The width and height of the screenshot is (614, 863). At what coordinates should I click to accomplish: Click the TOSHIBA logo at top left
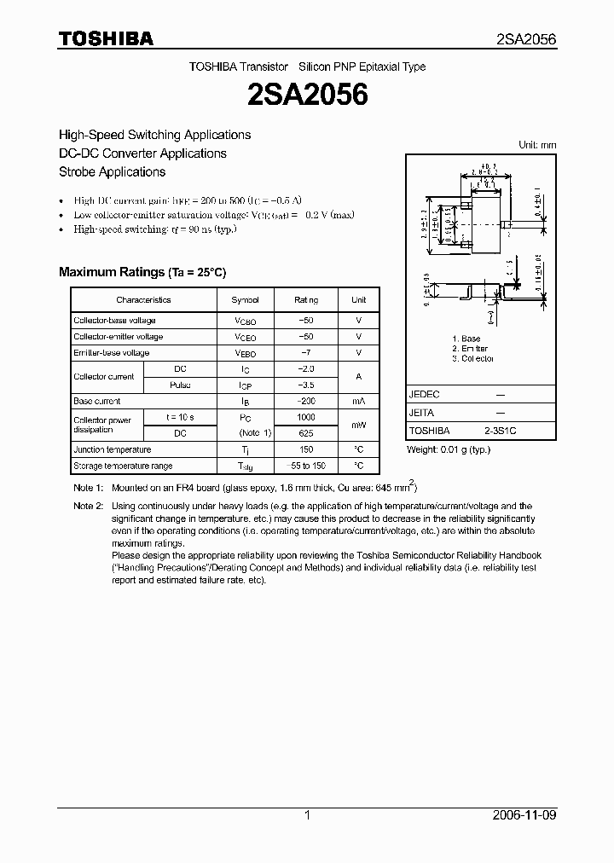tap(106, 38)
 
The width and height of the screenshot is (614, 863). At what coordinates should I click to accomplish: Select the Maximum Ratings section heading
tap(142, 272)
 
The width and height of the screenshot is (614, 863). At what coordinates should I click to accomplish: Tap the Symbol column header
tap(251, 300)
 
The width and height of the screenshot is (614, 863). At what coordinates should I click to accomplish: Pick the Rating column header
tap(306, 300)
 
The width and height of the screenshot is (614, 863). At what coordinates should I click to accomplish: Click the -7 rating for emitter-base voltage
tap(306, 353)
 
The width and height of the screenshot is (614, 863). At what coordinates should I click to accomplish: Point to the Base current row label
tap(97, 402)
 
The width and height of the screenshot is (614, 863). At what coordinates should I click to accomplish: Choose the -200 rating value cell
tap(306, 402)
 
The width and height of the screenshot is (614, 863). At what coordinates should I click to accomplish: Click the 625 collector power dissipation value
tap(306, 433)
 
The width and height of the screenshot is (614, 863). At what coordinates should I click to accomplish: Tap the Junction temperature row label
tap(112, 450)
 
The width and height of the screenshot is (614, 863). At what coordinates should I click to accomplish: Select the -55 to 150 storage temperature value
tap(306, 466)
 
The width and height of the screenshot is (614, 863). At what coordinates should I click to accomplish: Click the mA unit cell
tap(359, 402)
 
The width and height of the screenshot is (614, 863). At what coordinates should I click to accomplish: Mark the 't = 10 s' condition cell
tap(180, 418)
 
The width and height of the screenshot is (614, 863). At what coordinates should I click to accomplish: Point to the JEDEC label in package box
tap(424, 395)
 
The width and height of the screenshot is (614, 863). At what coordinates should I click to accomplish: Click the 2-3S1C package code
tap(500, 431)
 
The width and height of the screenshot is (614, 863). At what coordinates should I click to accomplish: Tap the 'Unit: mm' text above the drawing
tap(537, 146)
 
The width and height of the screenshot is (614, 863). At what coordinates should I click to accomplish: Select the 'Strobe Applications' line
tap(112, 172)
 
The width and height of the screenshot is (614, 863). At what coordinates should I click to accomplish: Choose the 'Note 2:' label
tap(88, 507)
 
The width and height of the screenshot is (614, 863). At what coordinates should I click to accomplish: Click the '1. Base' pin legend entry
tap(466, 339)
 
